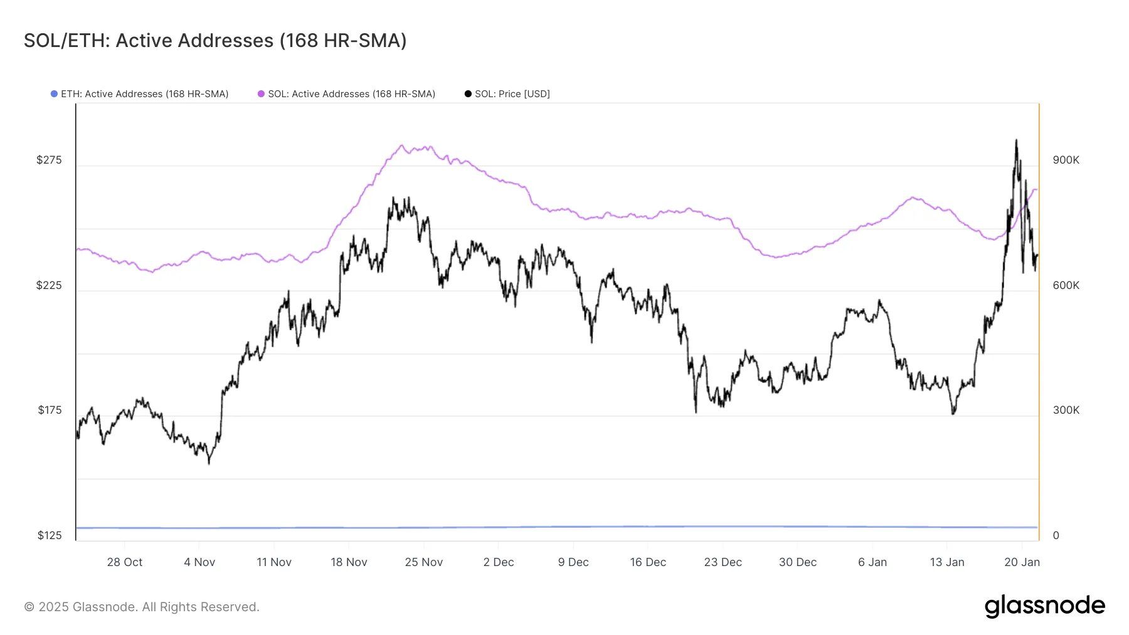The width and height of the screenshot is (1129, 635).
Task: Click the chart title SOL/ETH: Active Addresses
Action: [x=215, y=41]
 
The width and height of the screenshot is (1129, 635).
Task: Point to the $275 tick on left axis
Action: [x=49, y=160]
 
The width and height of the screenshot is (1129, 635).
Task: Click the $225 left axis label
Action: [x=49, y=285]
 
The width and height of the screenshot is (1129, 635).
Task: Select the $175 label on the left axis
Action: [x=50, y=410]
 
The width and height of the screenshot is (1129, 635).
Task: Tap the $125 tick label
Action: [x=50, y=535]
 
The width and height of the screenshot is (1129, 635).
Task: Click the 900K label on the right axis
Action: [x=1066, y=160]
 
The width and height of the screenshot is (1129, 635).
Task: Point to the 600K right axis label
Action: [x=1066, y=285]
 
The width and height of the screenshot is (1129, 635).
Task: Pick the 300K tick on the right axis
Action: [x=1066, y=410]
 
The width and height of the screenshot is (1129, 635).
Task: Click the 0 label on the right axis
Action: [x=1056, y=535]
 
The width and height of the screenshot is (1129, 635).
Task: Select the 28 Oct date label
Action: [x=124, y=562]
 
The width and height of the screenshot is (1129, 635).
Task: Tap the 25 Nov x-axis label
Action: [x=423, y=562]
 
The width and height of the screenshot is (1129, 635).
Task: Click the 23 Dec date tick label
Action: [x=723, y=562]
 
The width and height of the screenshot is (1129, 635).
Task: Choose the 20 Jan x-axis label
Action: [x=1022, y=562]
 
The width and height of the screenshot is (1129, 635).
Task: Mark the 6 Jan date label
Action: [x=872, y=562]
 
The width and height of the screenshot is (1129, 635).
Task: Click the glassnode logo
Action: [x=1044, y=606]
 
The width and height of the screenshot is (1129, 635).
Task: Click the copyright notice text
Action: [x=142, y=607]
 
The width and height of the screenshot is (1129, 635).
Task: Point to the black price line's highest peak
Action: [x=1016, y=140]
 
